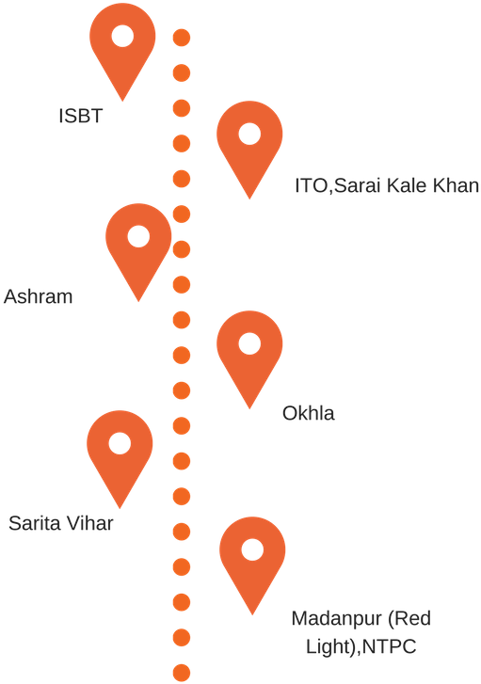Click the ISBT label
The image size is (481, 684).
[x=80, y=116]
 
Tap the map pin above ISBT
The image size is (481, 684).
[x=122, y=43]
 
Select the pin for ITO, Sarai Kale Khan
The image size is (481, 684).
[x=249, y=144]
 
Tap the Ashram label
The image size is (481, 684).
[x=38, y=296]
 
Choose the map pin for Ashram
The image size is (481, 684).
[x=138, y=247]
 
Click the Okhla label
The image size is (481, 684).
[x=308, y=413]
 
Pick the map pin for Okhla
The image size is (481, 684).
[x=249, y=354]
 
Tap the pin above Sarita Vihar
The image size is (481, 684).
[x=120, y=453]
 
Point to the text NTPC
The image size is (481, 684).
[x=390, y=646]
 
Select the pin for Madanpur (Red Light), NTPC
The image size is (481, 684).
[x=252, y=560]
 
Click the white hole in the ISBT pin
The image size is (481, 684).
[x=122, y=36]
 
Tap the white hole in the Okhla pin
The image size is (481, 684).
[x=249, y=343]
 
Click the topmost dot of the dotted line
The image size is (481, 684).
[x=182, y=38]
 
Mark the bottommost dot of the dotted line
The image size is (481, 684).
[x=182, y=673]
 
